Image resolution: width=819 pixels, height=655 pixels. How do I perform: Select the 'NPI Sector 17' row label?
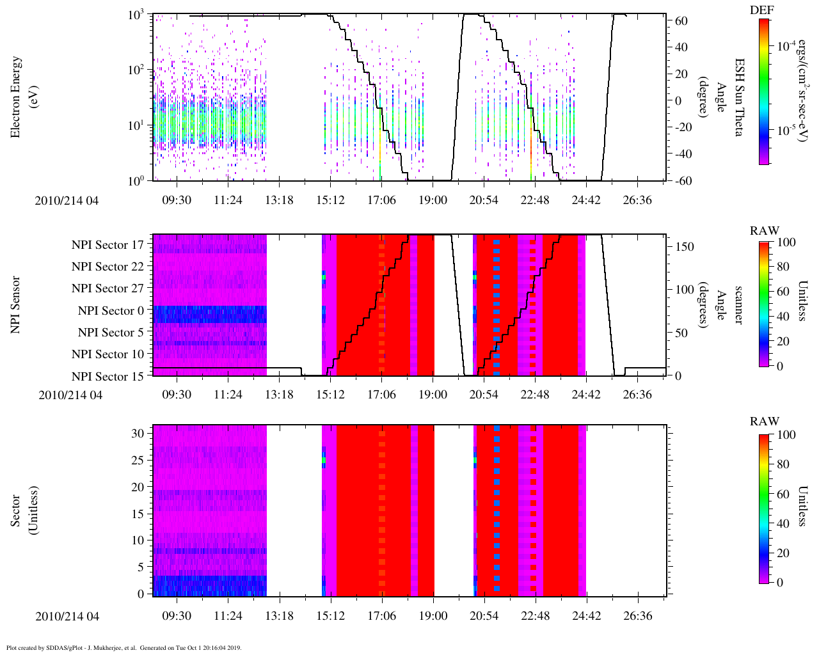[x=107, y=245]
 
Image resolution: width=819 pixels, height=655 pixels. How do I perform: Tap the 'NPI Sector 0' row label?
[x=111, y=311]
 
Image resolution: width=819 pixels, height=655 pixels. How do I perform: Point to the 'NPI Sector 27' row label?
[x=107, y=288]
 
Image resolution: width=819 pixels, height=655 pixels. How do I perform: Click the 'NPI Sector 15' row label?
[x=107, y=377]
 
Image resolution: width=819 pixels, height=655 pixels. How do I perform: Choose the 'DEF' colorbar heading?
[x=765, y=10]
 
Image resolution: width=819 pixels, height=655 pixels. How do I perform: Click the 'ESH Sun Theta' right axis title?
[x=739, y=97]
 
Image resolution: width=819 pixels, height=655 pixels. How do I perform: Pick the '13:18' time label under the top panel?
[x=279, y=200]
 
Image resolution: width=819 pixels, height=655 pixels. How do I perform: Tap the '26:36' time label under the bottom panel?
[x=637, y=616]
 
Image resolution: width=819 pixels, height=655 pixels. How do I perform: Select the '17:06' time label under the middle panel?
[x=381, y=395]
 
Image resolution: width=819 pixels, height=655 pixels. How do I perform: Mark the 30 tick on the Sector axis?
[x=139, y=433]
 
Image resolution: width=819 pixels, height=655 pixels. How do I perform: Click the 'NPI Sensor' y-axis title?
[x=16, y=304]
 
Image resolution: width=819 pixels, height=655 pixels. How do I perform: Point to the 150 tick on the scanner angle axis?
[x=685, y=247]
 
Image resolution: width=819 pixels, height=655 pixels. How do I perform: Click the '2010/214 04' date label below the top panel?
[x=67, y=201]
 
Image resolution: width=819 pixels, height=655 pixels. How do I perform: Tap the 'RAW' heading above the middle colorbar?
[x=765, y=231]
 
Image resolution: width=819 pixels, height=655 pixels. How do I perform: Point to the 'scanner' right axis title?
[x=738, y=305]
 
